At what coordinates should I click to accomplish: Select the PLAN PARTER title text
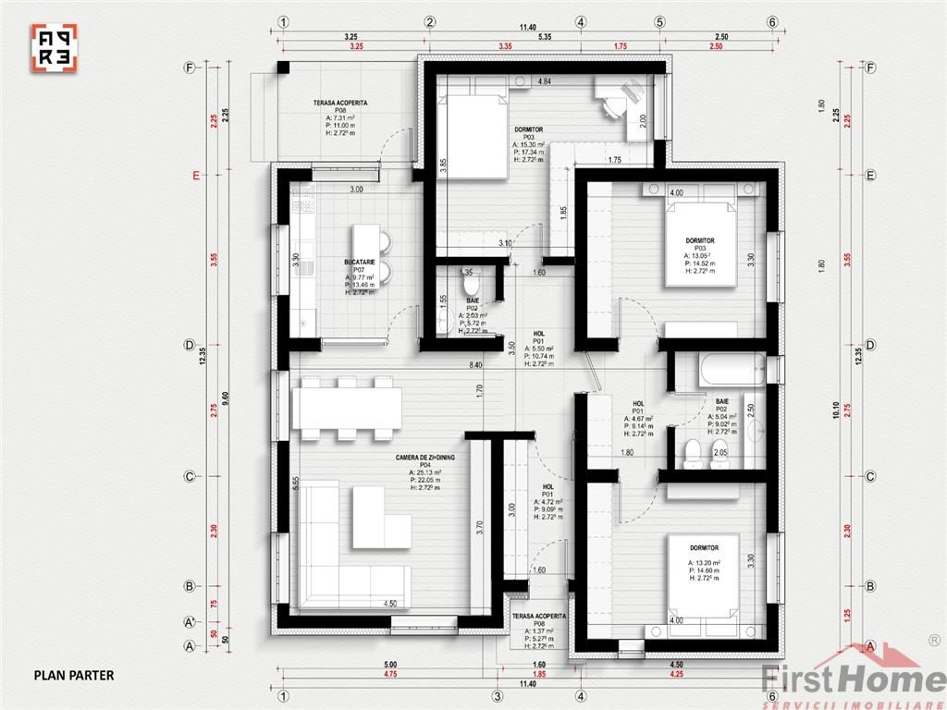coord(74,675)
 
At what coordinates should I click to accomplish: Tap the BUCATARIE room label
coord(359,263)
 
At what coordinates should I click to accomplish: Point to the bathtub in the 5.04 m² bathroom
coord(732,371)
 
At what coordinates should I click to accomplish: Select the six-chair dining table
coord(347,408)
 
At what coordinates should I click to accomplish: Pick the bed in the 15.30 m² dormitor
coord(473,136)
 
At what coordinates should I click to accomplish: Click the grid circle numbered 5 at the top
coord(660,22)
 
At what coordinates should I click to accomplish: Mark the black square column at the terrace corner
coord(282,68)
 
